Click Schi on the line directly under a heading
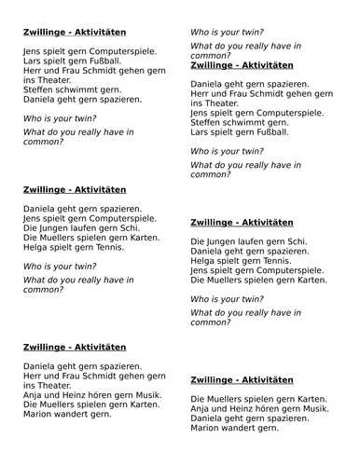pos(297,242)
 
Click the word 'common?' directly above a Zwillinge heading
pos(211,55)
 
